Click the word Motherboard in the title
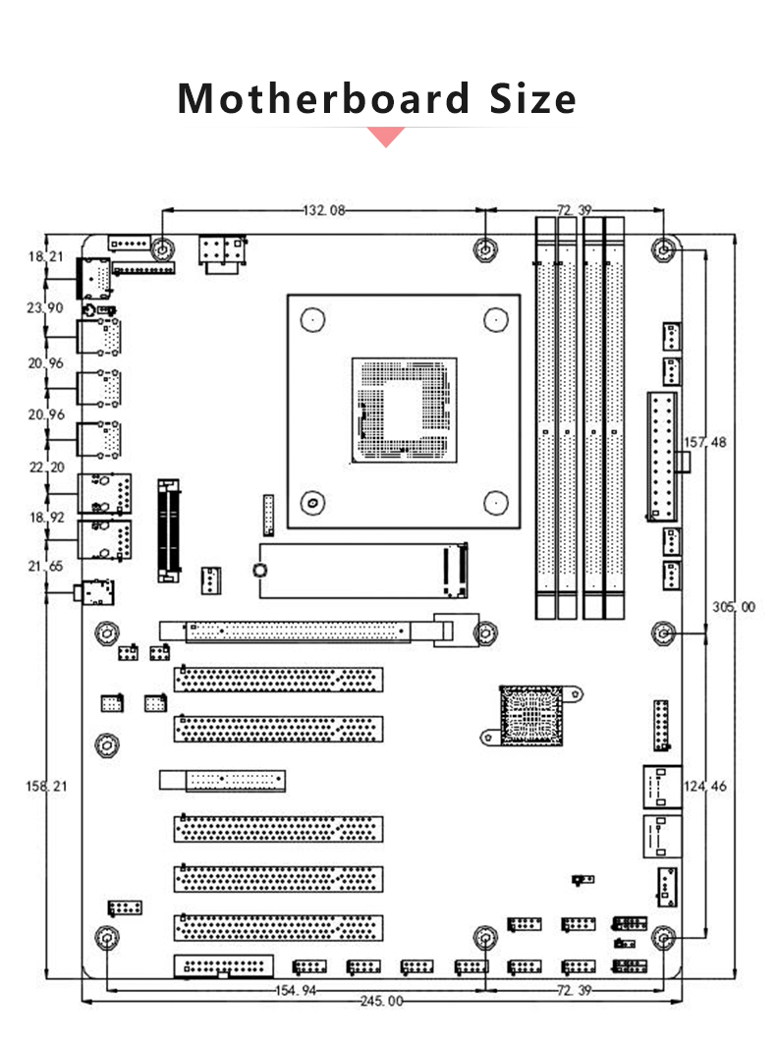click(x=324, y=98)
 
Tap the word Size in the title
click(x=532, y=98)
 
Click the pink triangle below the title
click(x=386, y=137)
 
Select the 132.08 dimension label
click(x=324, y=210)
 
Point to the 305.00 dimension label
click(x=734, y=607)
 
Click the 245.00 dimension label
click(x=382, y=1001)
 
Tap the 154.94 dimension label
click(x=296, y=990)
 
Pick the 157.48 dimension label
click(x=705, y=442)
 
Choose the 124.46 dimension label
click(x=705, y=787)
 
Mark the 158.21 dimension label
click(x=46, y=787)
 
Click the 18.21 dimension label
click(x=46, y=256)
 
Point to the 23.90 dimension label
click(x=45, y=307)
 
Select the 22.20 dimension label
click(x=46, y=467)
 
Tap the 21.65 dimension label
click(x=45, y=566)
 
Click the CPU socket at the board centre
click(x=405, y=411)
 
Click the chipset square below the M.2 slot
click(x=531, y=716)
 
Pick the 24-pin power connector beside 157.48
click(x=662, y=457)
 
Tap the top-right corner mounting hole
click(x=663, y=249)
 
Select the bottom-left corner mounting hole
click(x=106, y=938)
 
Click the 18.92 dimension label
click(x=46, y=518)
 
